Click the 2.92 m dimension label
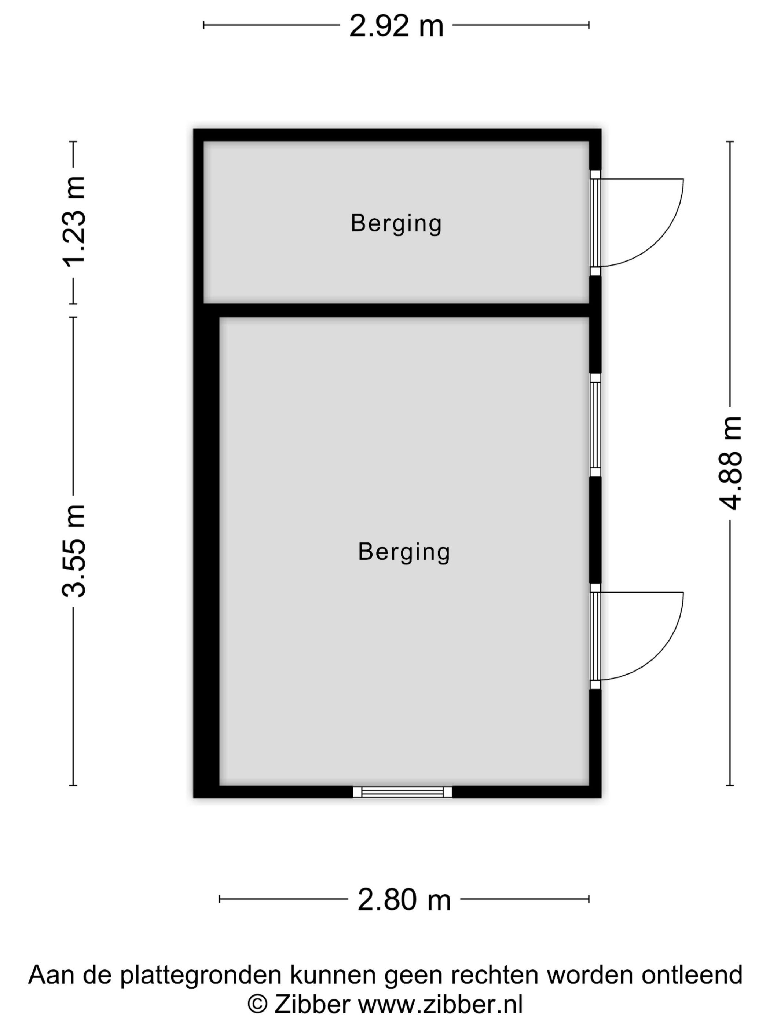[x=396, y=26]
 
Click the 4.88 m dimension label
[x=730, y=463]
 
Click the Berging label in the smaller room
[x=396, y=224]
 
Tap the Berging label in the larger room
[x=404, y=552]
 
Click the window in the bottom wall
[x=402, y=792]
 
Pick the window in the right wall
[x=595, y=425]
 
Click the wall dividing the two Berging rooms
[x=396, y=310]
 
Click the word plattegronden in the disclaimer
[x=201, y=975]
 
